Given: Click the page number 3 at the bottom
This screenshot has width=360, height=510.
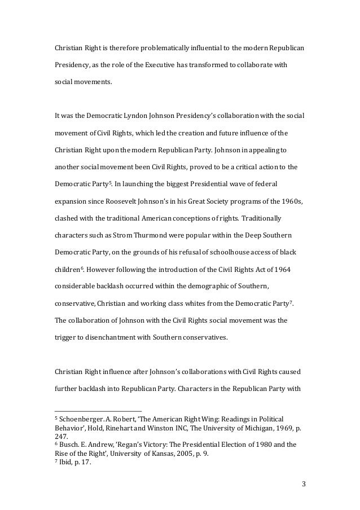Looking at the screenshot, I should pos(303,483).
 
